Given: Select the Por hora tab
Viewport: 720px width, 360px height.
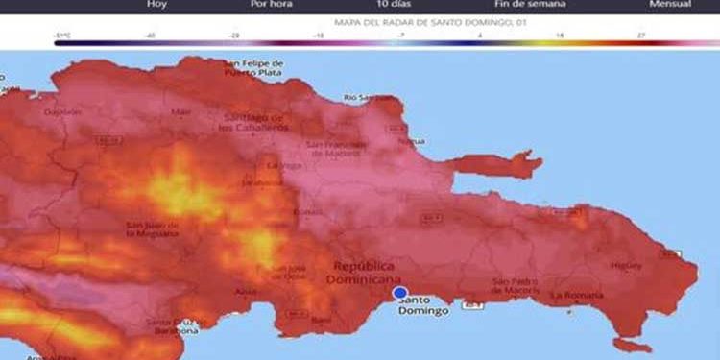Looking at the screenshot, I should point(271,5).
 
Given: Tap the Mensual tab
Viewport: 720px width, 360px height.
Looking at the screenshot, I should point(669,5).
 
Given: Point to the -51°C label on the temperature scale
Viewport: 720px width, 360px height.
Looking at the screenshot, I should point(63,35).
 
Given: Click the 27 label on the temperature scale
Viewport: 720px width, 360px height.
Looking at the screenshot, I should point(640,35).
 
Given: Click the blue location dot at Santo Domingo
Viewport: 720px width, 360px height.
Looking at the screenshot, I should point(399,293).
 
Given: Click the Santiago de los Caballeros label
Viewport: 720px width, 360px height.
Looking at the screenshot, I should point(254,123).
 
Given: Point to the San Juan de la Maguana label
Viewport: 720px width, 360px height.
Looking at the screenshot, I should point(152,231).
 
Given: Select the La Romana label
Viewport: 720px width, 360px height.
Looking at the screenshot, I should point(573,297).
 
